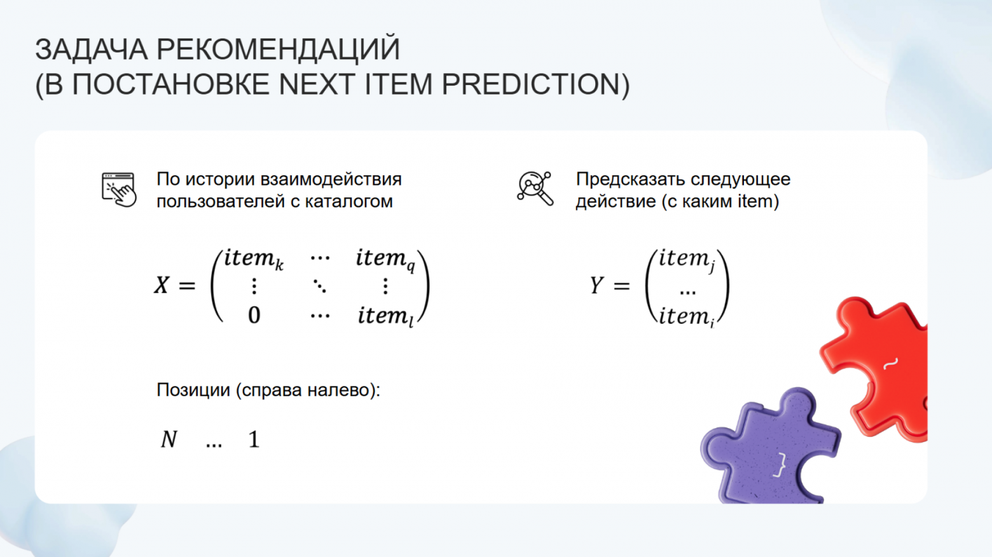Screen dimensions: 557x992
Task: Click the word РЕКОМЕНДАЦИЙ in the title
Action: (x=278, y=50)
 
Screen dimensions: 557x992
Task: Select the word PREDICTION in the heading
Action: (x=535, y=84)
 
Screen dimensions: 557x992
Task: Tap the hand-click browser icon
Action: (x=119, y=189)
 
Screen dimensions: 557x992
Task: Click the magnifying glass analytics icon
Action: (x=535, y=189)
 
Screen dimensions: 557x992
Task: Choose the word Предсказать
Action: (x=630, y=179)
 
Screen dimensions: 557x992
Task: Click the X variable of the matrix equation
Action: (x=162, y=285)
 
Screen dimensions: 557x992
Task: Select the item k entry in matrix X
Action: (x=253, y=258)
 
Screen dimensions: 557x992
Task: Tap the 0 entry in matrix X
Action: (x=254, y=315)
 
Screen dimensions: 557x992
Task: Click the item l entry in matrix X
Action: (x=385, y=316)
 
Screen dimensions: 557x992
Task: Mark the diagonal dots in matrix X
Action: (x=320, y=286)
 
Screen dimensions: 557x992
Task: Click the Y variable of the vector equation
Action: (x=596, y=285)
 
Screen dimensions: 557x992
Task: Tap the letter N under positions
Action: (x=169, y=439)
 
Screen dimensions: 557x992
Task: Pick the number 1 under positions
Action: (x=254, y=440)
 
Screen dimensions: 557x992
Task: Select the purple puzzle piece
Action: (x=773, y=448)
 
